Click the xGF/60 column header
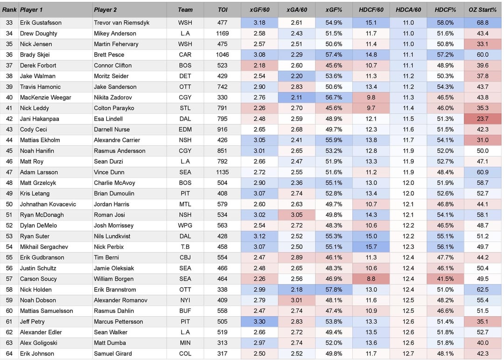click(x=259, y=10)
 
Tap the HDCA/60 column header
click(x=408, y=10)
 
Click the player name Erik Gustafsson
click(x=41, y=22)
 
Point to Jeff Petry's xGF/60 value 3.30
click(x=259, y=321)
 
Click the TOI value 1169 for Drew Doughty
click(x=223, y=33)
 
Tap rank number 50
click(x=9, y=204)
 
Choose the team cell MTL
click(x=185, y=204)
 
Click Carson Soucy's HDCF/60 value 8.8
click(x=371, y=279)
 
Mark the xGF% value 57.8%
click(x=334, y=289)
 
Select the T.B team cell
click(x=185, y=247)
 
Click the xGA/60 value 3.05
click(x=296, y=215)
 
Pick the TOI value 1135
click(x=223, y=172)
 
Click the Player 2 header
click(x=105, y=10)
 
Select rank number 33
click(x=9, y=22)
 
